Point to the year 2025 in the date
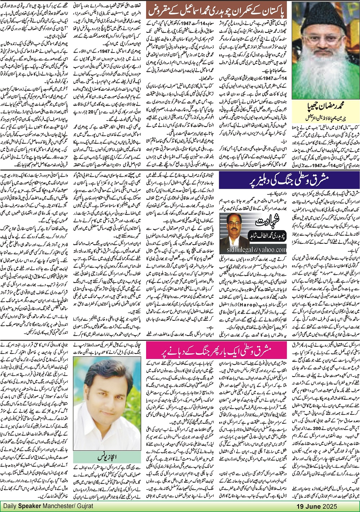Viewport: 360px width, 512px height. [330, 506]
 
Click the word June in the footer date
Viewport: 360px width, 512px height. [311, 506]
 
